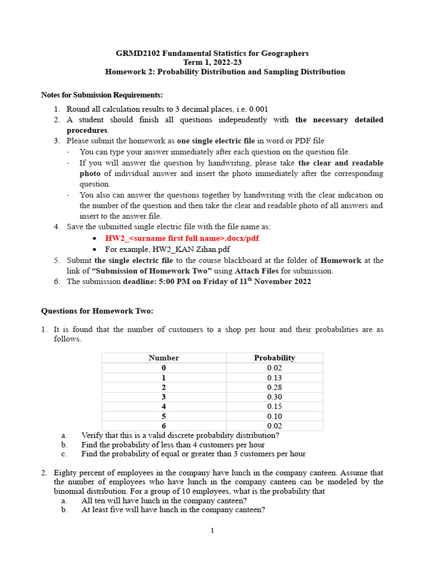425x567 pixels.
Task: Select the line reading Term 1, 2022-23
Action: coord(212,63)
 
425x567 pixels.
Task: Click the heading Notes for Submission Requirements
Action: coord(102,95)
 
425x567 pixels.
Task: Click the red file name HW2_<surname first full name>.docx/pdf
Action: coord(183,238)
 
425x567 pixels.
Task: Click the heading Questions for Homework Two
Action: coord(97,311)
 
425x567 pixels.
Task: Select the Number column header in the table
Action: coord(164,358)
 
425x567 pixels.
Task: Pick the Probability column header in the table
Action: coord(274,358)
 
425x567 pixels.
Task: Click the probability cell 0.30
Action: coord(274,397)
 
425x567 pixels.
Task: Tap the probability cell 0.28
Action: coord(274,387)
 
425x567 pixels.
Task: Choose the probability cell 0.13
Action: coord(274,378)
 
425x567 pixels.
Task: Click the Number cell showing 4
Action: coord(164,406)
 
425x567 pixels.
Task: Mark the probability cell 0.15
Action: coord(274,406)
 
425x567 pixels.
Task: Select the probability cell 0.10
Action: coord(274,416)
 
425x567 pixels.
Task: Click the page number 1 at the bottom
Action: coord(212,531)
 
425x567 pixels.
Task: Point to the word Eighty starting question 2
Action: coord(66,473)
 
